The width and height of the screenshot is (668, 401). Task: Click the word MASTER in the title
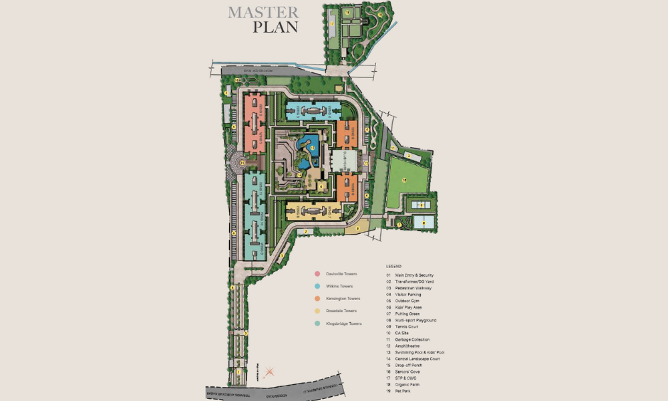263,12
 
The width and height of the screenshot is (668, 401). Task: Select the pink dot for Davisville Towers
317,273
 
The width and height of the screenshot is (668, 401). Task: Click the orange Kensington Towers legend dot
317,299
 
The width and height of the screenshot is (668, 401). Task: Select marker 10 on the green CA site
404,180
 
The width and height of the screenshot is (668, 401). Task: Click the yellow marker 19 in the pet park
381,13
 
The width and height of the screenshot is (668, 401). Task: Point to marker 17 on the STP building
331,23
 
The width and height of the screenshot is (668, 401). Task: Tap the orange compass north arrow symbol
269,371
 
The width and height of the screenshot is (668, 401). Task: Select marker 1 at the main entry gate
238,372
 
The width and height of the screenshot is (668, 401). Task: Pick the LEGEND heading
393,266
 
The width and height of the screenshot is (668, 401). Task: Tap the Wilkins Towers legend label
341,286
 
